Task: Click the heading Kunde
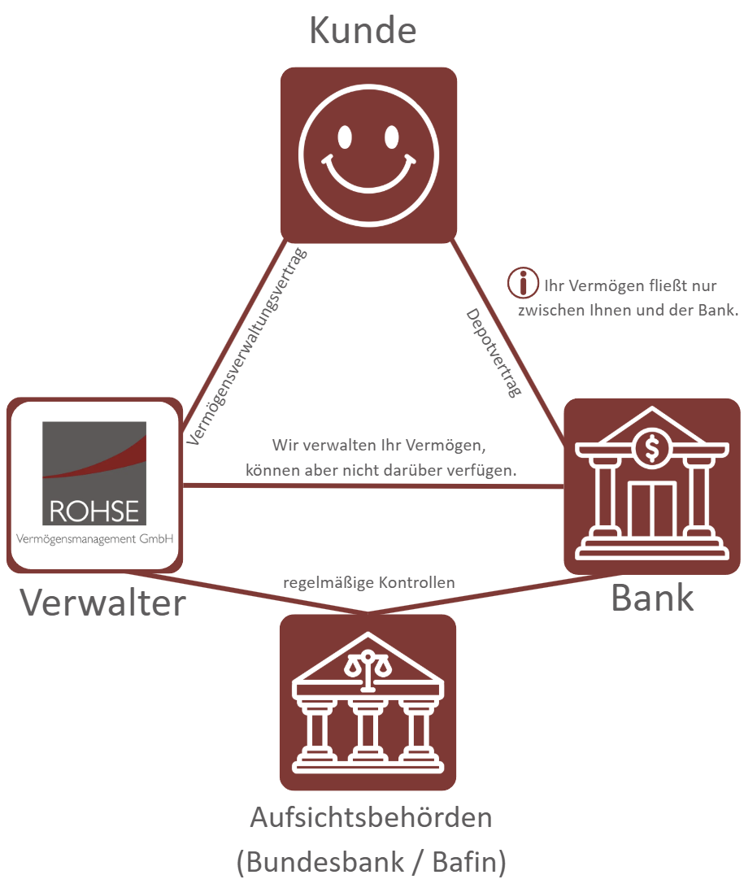tap(363, 31)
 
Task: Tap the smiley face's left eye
tap(345, 136)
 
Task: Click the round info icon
tap(523, 283)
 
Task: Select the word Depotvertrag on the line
tap(493, 352)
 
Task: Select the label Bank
tap(652, 598)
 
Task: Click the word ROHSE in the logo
tap(94, 511)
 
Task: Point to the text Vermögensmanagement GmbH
tap(95, 538)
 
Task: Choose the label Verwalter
tap(102, 603)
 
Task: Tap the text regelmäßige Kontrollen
tap(368, 583)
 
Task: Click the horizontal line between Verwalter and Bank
tap(374, 486)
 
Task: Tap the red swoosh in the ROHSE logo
tap(106, 462)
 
